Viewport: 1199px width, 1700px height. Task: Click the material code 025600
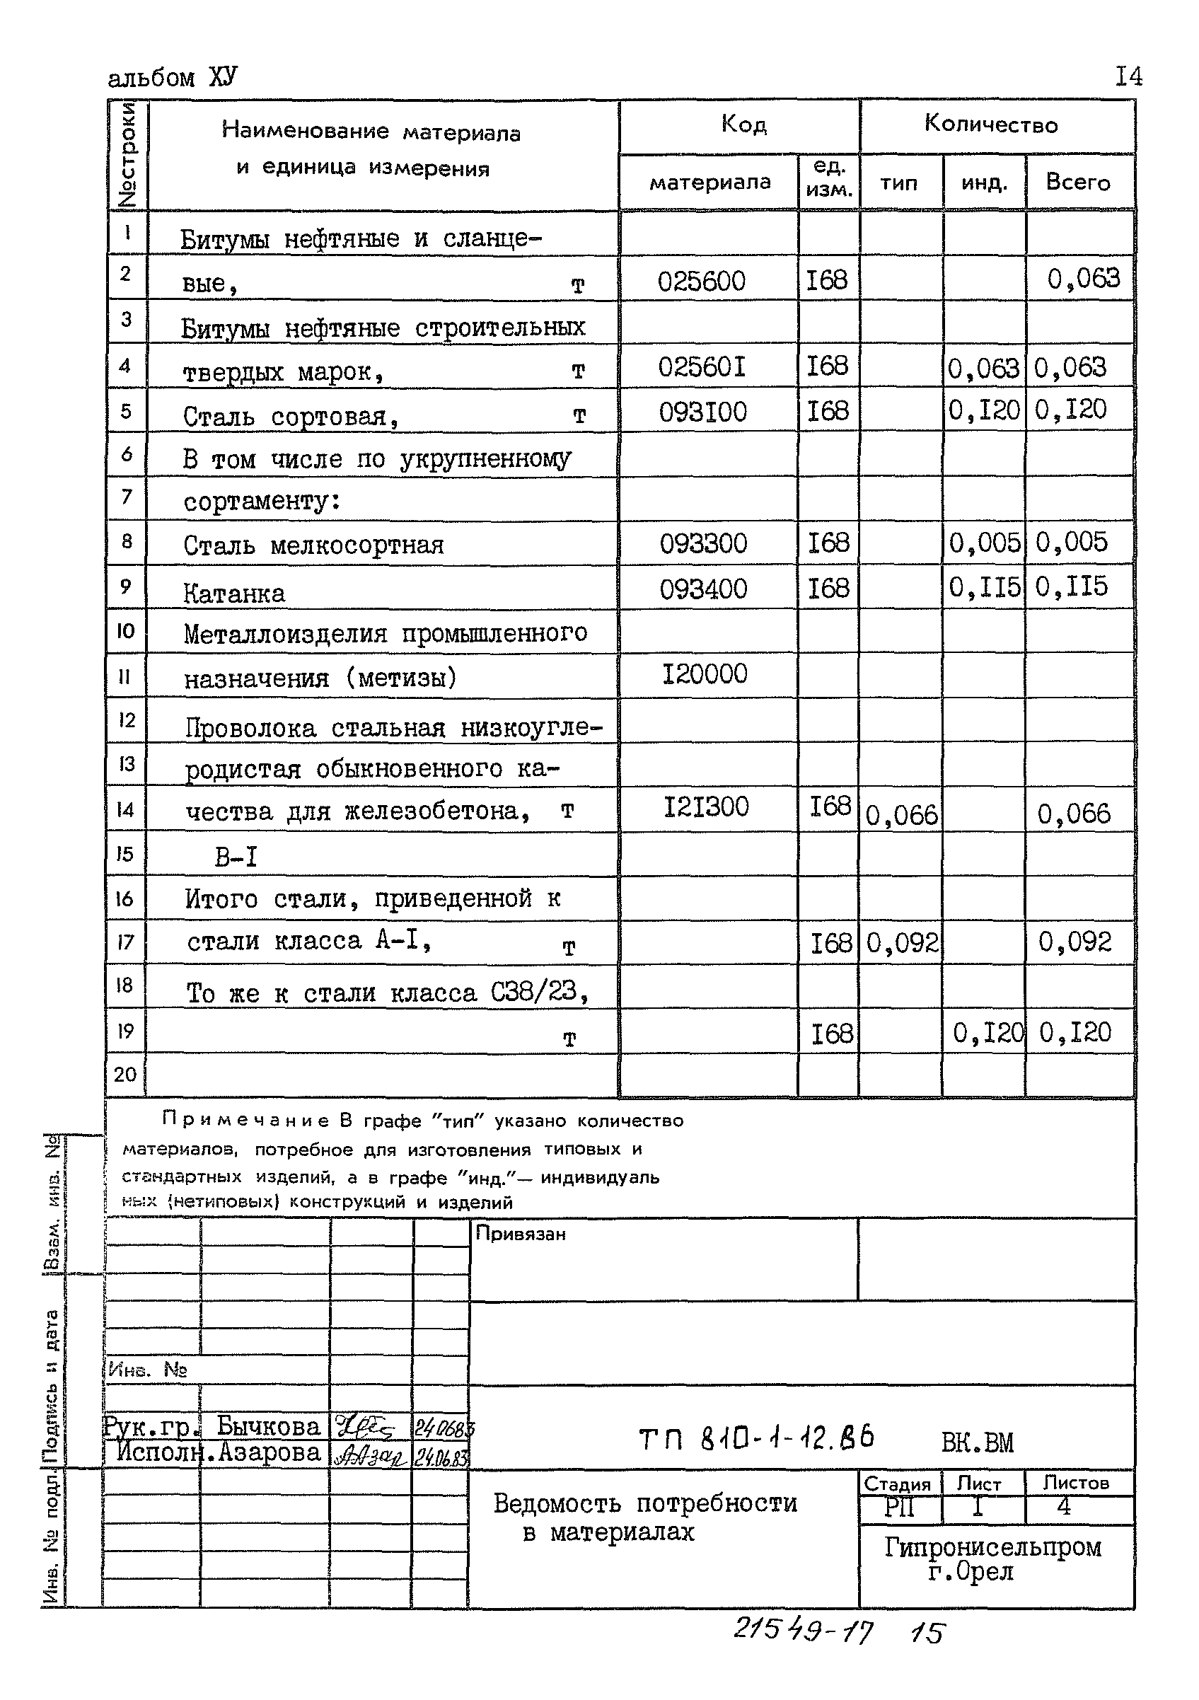(x=701, y=282)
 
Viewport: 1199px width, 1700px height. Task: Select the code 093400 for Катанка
(x=702, y=589)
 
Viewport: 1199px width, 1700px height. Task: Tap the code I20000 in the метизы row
(x=704, y=674)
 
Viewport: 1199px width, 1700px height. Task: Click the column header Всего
(x=1077, y=182)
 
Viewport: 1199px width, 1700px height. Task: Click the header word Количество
(x=990, y=125)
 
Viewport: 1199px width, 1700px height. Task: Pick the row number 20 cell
(x=125, y=1074)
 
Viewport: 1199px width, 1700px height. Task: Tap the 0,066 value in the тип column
(x=900, y=816)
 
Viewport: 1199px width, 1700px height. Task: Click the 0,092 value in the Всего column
(x=1075, y=942)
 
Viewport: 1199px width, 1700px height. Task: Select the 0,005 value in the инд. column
(x=985, y=543)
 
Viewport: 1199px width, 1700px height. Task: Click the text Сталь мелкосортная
(x=313, y=545)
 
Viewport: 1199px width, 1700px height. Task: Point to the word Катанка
(x=234, y=594)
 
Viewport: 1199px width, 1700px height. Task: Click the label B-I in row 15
(x=236, y=857)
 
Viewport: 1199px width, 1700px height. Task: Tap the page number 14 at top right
(x=1128, y=76)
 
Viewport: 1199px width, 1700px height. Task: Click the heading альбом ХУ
(x=173, y=78)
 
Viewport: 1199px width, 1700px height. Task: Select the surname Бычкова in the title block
(x=268, y=1426)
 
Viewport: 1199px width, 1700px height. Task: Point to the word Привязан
(x=521, y=1234)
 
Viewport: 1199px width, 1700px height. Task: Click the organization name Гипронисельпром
(x=992, y=1546)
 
